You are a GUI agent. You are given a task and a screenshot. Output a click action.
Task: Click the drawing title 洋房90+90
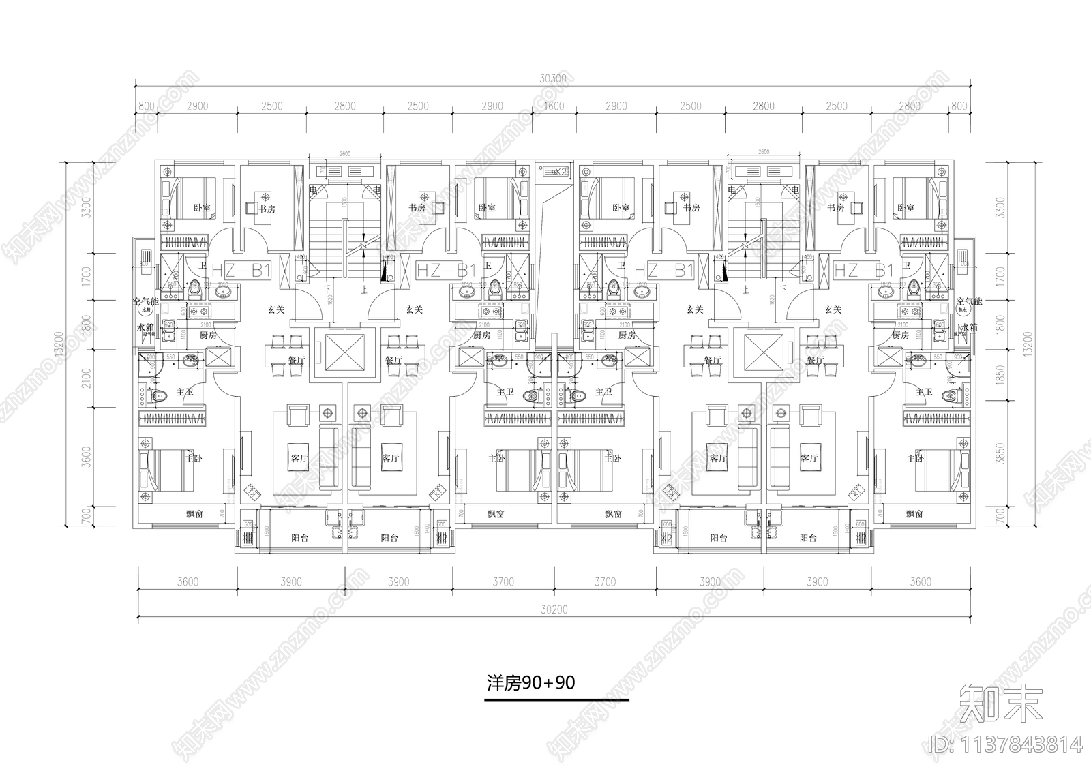[530, 682]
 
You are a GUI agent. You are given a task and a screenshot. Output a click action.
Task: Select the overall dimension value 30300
[553, 78]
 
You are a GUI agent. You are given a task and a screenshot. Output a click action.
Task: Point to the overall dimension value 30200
[553, 609]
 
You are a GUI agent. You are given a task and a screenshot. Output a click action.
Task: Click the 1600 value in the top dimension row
[554, 106]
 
